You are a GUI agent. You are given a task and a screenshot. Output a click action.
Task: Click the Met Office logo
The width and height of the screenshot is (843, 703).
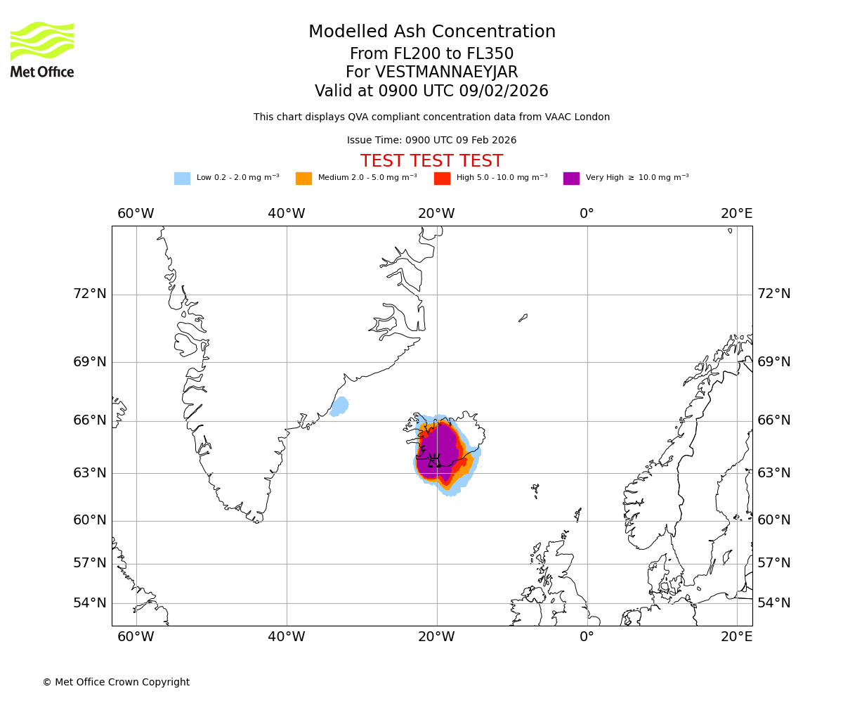pyautogui.click(x=42, y=49)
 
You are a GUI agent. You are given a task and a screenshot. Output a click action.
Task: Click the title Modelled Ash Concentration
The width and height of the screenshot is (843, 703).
pyautogui.click(x=431, y=32)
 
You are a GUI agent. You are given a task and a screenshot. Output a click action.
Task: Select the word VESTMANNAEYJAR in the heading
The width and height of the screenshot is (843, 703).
pyautogui.click(x=446, y=72)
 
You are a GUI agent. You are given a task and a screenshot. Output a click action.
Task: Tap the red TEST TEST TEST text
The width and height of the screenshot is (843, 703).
pyautogui.click(x=431, y=161)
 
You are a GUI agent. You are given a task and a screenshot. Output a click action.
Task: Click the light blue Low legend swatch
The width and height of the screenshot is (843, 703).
pyautogui.click(x=182, y=178)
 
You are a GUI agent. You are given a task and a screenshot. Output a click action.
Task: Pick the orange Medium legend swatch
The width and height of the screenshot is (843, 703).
pyautogui.click(x=303, y=178)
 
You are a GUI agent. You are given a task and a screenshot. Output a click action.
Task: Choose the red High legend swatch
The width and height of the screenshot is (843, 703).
pyautogui.click(x=442, y=178)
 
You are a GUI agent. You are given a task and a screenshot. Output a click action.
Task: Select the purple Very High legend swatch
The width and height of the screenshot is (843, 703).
pyautogui.click(x=571, y=178)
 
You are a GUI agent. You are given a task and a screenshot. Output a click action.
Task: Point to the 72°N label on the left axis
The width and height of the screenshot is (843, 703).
pyautogui.click(x=90, y=294)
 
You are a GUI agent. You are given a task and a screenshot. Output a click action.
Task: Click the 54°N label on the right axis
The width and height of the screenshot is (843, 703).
pyautogui.click(x=773, y=602)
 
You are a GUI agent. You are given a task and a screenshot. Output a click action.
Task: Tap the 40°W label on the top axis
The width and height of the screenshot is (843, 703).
pyautogui.click(x=286, y=214)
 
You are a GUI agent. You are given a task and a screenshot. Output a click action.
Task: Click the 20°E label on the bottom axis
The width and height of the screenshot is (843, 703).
pyautogui.click(x=736, y=637)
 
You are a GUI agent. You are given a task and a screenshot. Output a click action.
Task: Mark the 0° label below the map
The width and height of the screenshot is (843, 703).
pyautogui.click(x=587, y=637)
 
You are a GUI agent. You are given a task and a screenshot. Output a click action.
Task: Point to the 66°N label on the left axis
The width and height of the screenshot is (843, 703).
pyautogui.click(x=90, y=420)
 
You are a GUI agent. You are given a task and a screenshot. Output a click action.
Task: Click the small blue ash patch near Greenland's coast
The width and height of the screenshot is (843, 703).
pyautogui.click(x=340, y=406)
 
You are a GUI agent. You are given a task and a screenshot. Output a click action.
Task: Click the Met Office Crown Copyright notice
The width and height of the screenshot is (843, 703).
pyautogui.click(x=116, y=682)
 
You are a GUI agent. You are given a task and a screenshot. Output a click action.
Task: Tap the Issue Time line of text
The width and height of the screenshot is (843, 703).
pyautogui.click(x=431, y=140)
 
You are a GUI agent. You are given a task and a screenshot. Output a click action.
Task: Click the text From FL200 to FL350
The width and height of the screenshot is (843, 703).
pyautogui.click(x=431, y=54)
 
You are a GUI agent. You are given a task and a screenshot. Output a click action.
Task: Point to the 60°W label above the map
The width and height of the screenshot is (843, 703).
pyautogui.click(x=136, y=214)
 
